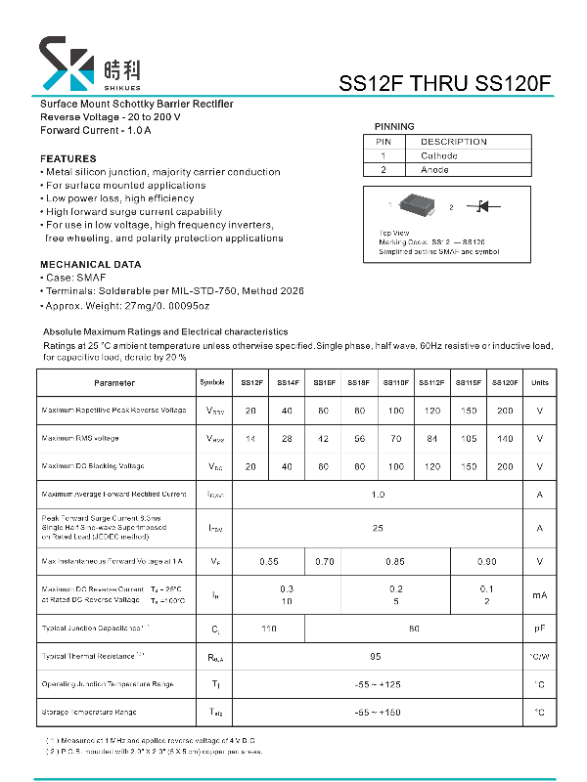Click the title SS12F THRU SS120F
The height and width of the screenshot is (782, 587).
445,84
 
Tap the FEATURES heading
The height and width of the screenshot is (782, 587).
68,158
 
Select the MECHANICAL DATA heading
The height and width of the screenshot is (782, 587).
90,265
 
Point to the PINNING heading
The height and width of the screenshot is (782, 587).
394,126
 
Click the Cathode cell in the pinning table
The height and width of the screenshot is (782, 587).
439,155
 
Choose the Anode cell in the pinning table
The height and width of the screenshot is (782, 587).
435,170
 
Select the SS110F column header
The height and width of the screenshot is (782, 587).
396,382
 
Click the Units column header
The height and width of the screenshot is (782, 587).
539,382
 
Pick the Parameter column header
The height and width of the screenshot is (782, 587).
114,382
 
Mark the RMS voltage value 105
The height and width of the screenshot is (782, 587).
468,439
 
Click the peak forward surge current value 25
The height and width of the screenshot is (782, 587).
378,528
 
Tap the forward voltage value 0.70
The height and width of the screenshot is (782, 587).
325,562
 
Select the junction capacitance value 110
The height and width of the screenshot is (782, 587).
268,629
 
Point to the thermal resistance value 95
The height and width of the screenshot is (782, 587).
376,657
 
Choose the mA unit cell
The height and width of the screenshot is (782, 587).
539,594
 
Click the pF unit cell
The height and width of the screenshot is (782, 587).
539,629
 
